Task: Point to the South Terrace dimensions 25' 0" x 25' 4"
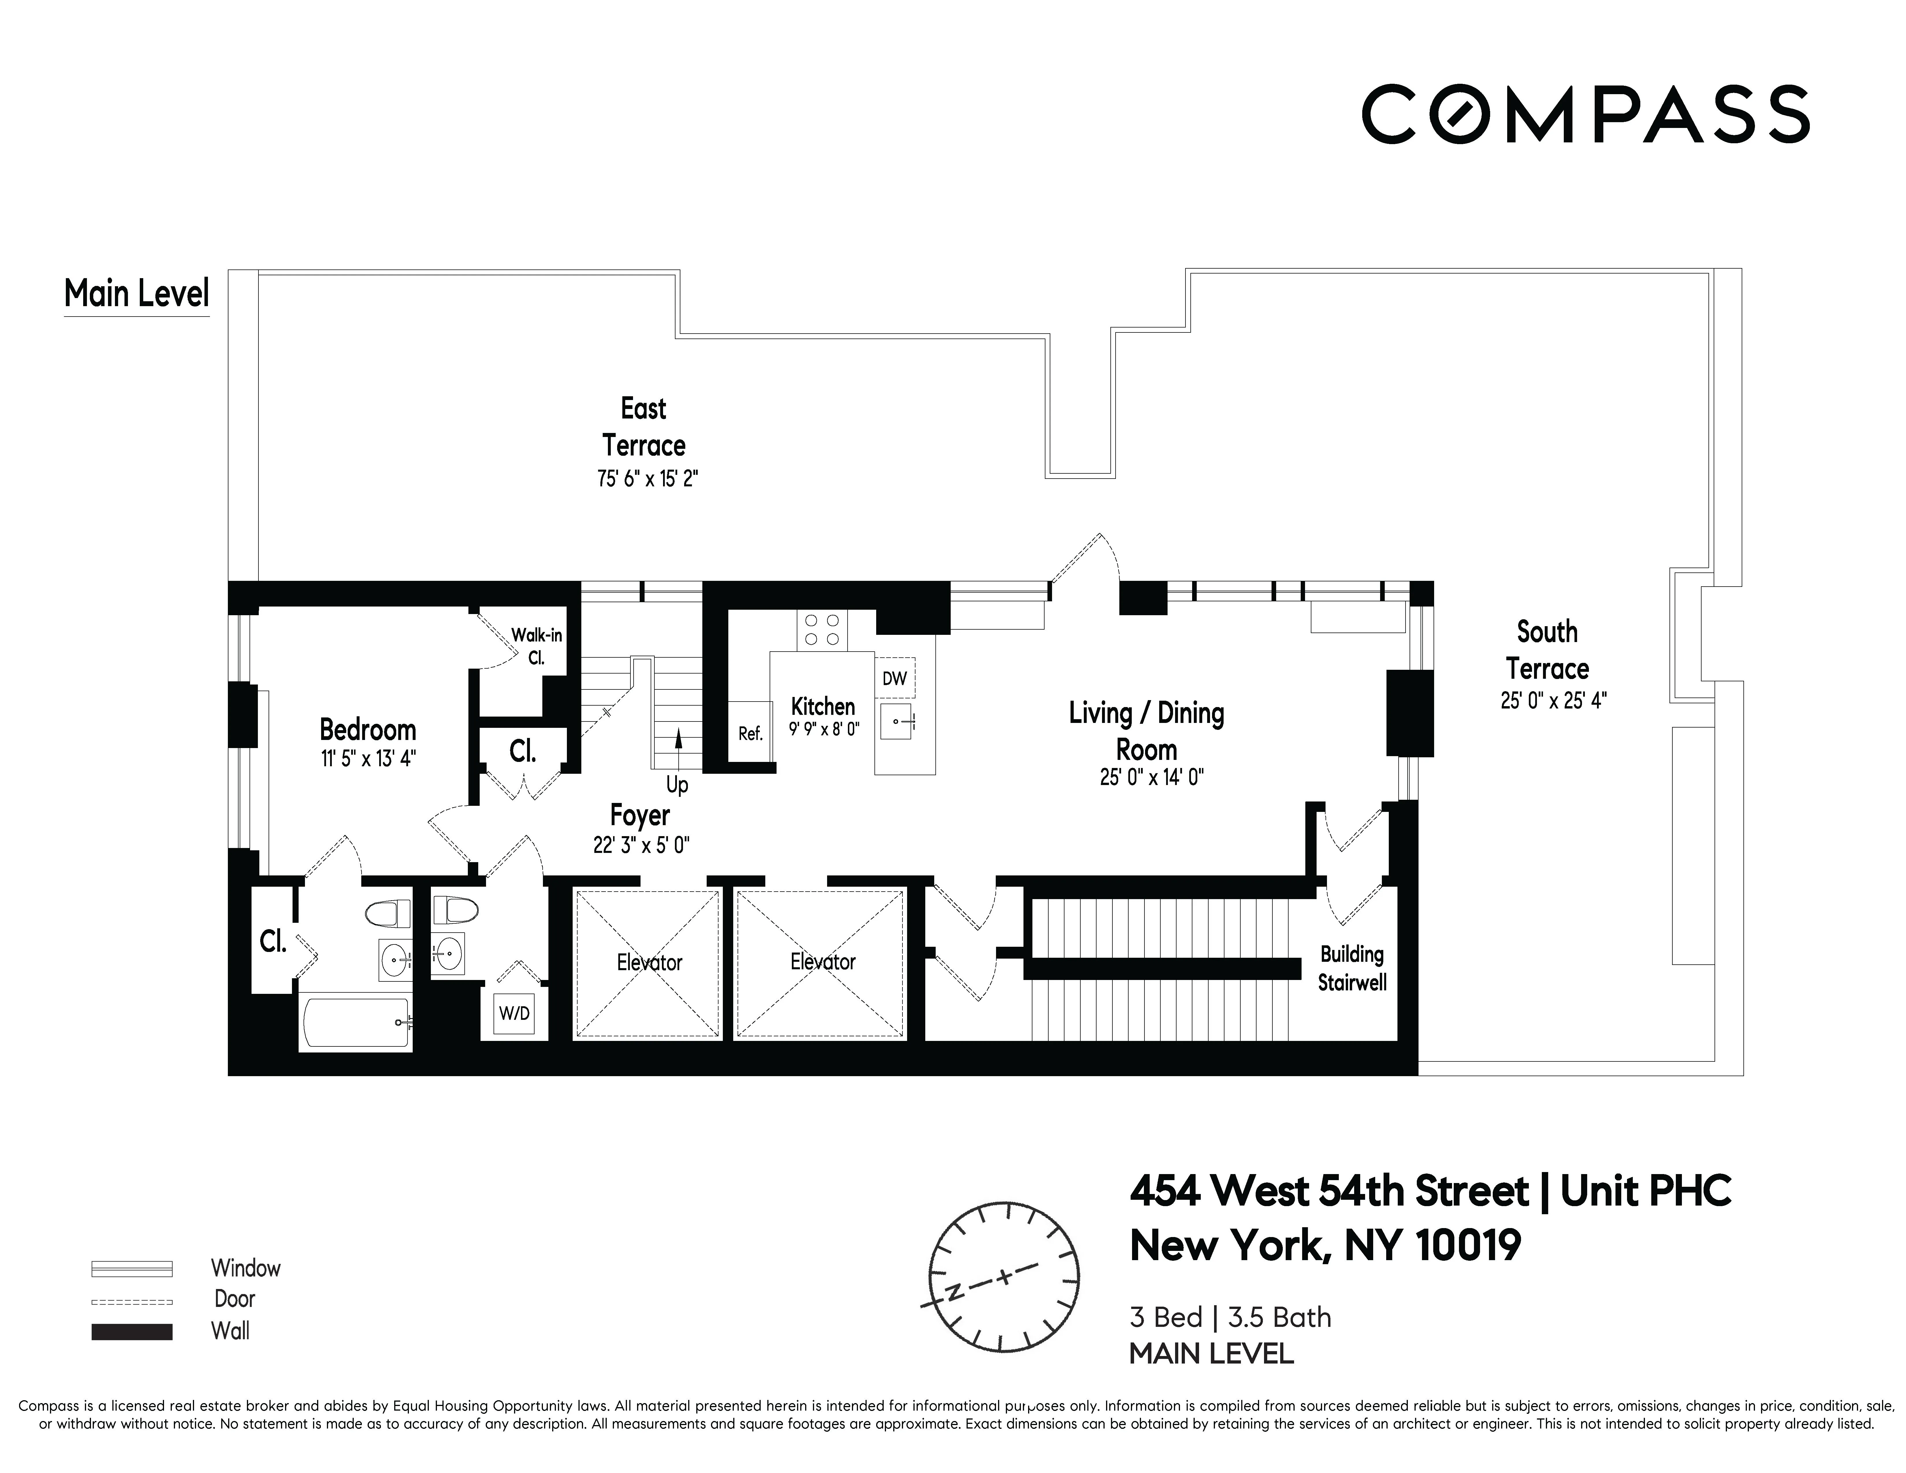pyautogui.click(x=1553, y=701)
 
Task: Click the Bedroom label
pyautogui.click(x=367, y=730)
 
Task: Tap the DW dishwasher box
pyautogui.click(x=895, y=678)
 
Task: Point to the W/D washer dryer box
pyautogui.click(x=514, y=1013)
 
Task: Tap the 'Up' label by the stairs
pyautogui.click(x=677, y=784)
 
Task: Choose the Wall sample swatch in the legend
pyautogui.click(x=132, y=1332)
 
